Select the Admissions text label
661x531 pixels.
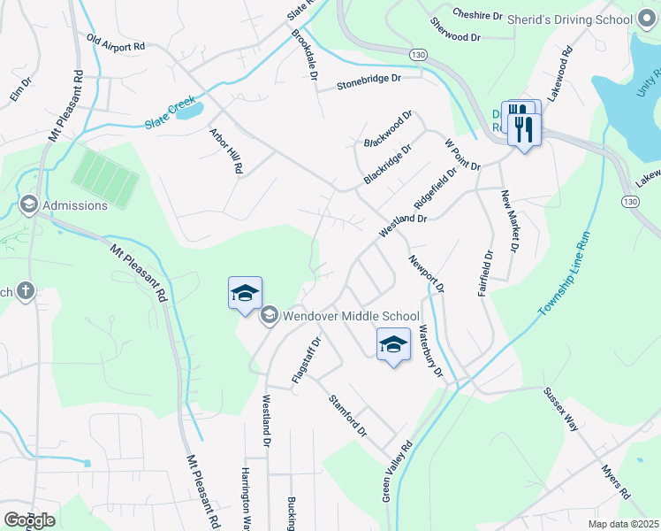[x=75, y=205]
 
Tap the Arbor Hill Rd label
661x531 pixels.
[x=225, y=150]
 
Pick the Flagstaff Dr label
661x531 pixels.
[x=306, y=360]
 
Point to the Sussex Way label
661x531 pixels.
[x=561, y=409]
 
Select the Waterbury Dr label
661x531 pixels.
[x=429, y=352]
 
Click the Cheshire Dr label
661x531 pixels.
[x=477, y=15]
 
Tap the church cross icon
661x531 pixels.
[x=26, y=290]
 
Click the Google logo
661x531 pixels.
[x=28, y=520]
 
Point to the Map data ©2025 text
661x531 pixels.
[x=623, y=524]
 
